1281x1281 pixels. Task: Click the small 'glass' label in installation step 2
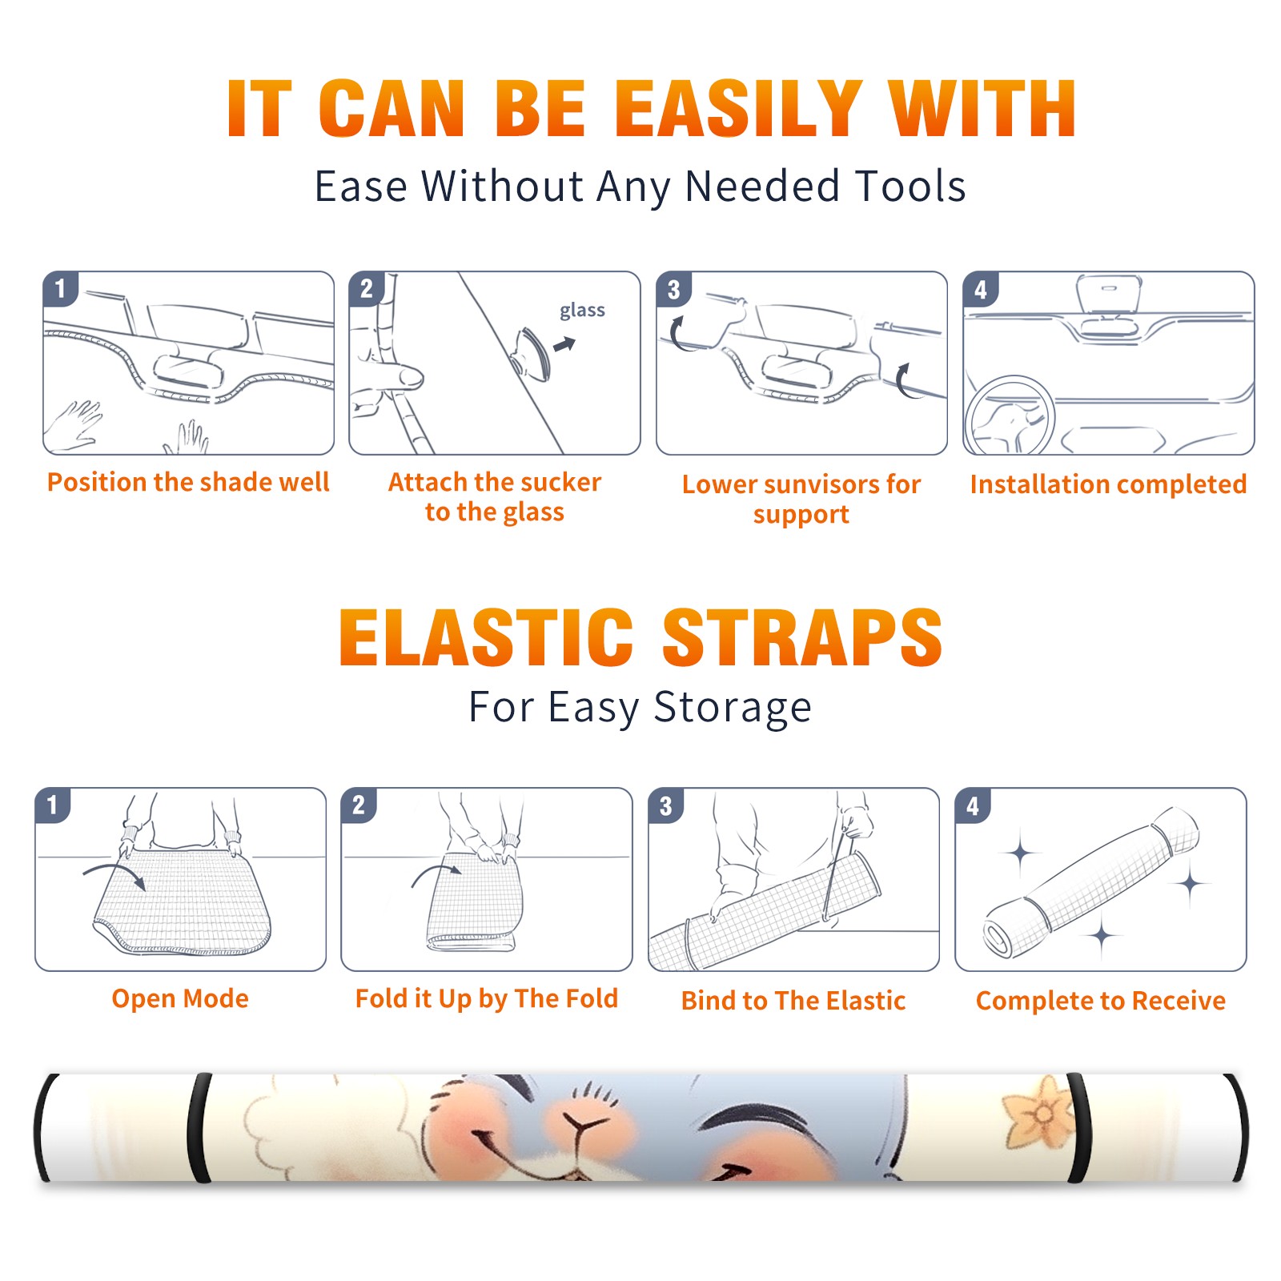582,311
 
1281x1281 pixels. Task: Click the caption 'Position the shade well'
188,482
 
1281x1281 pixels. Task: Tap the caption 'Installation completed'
1108,484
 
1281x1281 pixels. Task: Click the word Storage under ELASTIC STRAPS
733,708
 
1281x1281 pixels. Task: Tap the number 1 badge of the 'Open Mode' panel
53,805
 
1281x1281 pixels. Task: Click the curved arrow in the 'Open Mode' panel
114,873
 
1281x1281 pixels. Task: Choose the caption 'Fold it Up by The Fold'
487,998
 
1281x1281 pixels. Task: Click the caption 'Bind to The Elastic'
793,1001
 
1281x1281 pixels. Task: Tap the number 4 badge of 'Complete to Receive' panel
973,805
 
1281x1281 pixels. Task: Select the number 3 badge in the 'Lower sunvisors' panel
674,289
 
